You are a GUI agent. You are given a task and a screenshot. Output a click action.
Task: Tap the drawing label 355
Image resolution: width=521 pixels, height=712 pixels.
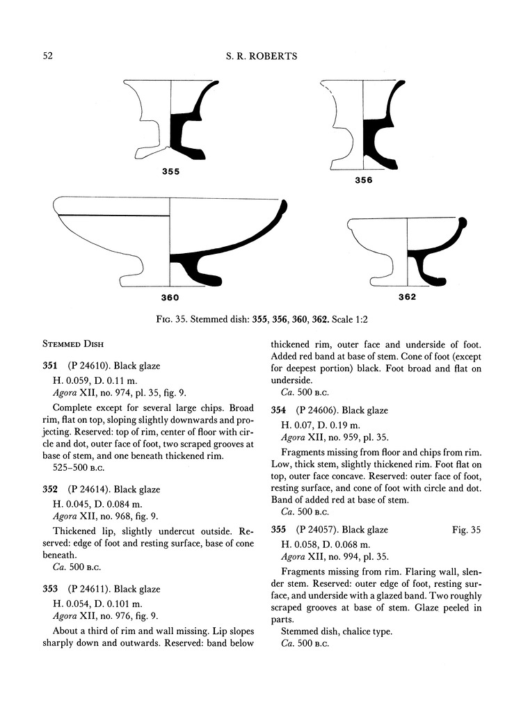pyautogui.click(x=170, y=170)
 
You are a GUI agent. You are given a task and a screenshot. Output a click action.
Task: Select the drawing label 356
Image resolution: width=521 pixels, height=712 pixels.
pyautogui.click(x=363, y=180)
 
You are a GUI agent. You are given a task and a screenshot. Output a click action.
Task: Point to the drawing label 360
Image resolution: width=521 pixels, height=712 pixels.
pyautogui.click(x=170, y=298)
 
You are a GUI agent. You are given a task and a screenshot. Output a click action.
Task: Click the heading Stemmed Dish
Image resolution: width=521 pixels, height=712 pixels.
pyautogui.click(x=73, y=344)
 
